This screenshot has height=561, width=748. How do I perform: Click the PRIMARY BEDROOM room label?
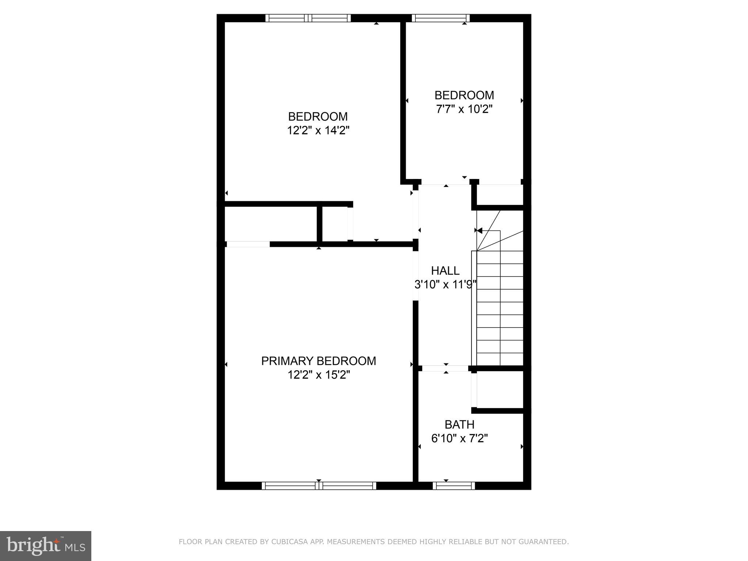click(318, 361)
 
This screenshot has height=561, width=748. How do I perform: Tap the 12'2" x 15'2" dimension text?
click(319, 375)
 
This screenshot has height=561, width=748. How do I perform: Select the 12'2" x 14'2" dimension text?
click(318, 130)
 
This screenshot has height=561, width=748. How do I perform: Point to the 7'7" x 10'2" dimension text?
click(464, 109)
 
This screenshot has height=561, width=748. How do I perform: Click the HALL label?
click(445, 271)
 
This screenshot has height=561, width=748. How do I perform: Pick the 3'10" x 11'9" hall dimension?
click(446, 285)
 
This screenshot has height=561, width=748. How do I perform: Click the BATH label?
click(459, 424)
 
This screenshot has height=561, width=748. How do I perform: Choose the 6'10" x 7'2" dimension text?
click(459, 438)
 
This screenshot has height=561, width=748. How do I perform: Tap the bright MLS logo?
click(46, 546)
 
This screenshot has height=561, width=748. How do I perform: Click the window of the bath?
click(454, 486)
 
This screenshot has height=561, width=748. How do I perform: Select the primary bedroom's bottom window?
click(319, 486)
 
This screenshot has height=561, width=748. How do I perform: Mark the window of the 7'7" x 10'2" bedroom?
click(441, 18)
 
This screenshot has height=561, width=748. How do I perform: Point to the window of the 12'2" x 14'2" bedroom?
click(308, 18)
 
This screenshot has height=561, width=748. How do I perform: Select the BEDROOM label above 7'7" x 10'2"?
click(464, 95)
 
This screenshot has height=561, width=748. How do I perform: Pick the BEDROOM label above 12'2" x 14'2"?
click(318, 117)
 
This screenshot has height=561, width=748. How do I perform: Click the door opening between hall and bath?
click(445, 369)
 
